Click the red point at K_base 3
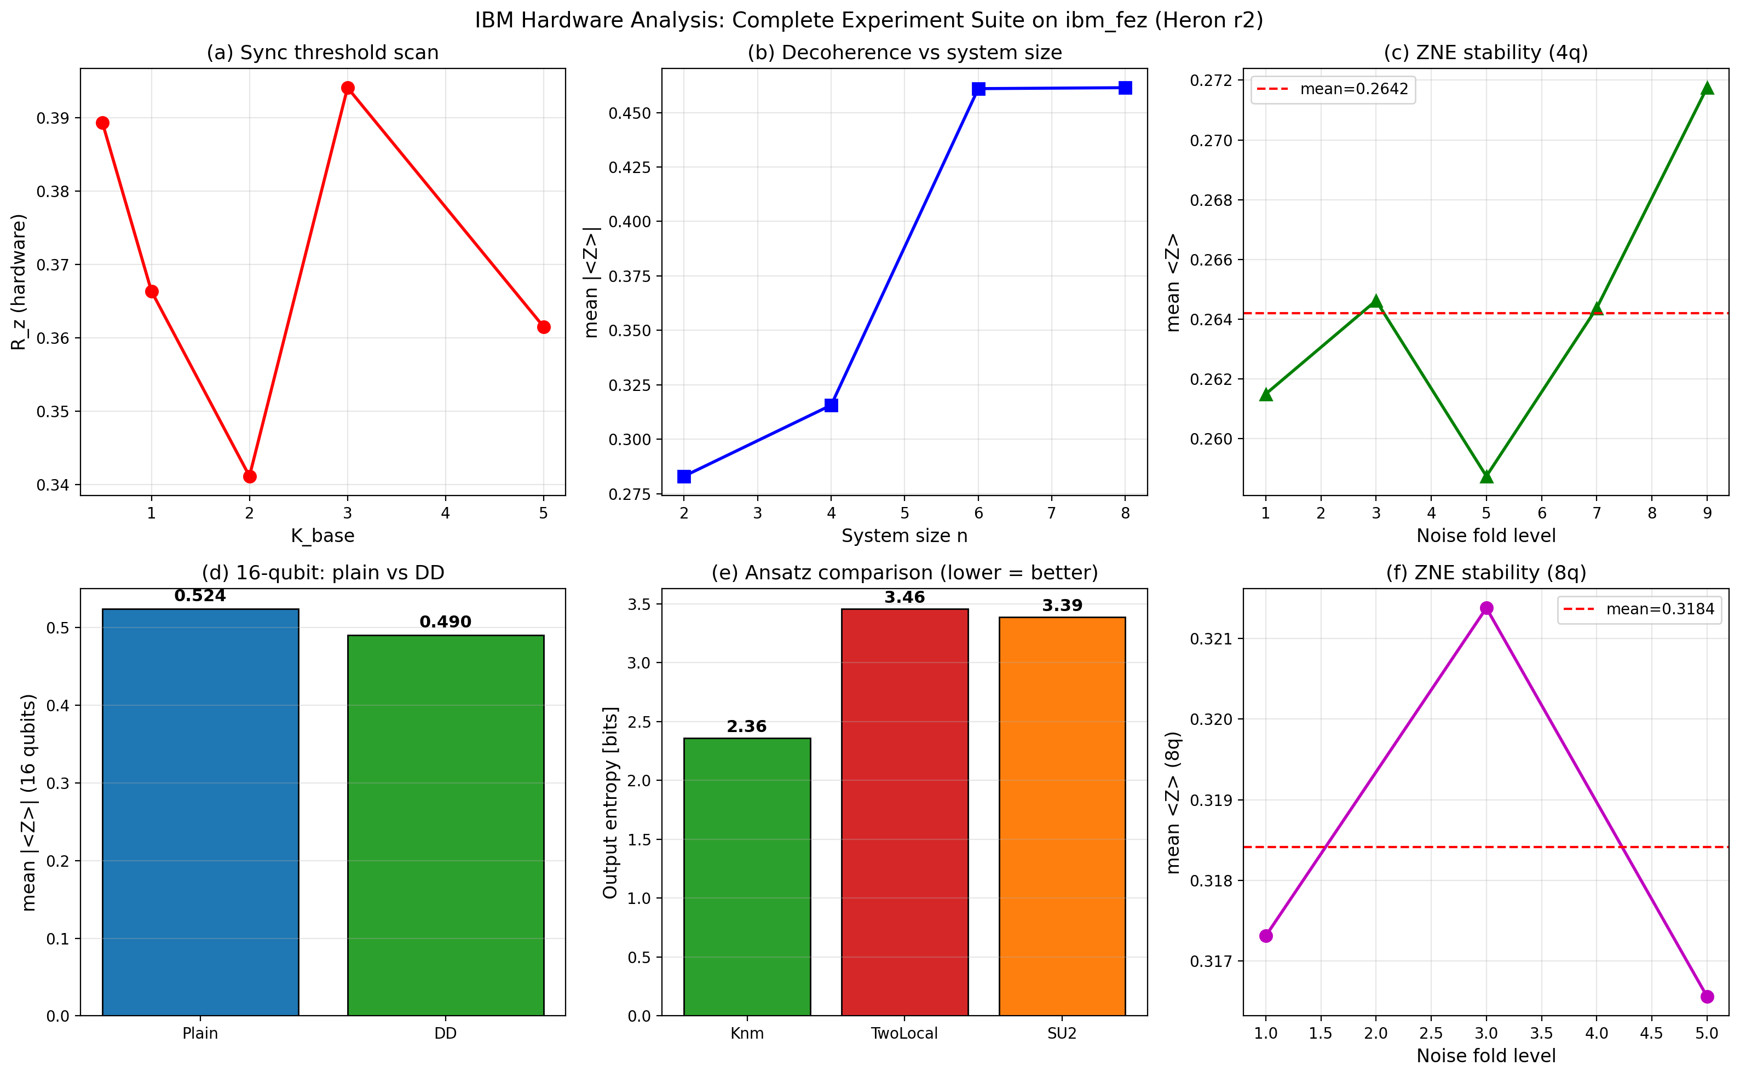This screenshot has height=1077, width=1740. pyautogui.click(x=348, y=88)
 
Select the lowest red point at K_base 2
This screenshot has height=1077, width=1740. pyautogui.click(x=249, y=476)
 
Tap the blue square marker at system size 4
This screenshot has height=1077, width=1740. pyautogui.click(x=831, y=405)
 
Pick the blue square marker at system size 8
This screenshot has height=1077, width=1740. pyautogui.click(x=1125, y=88)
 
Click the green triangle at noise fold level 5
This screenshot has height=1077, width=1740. pyautogui.click(x=1487, y=476)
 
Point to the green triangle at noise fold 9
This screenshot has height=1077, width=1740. pyautogui.click(x=1707, y=88)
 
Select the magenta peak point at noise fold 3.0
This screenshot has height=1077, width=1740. pyautogui.click(x=1487, y=608)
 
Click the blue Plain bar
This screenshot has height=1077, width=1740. pyautogui.click(x=200, y=812)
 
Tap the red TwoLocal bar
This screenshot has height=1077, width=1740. pyautogui.click(x=904, y=812)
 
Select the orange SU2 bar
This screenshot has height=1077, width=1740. pyautogui.click(x=1062, y=816)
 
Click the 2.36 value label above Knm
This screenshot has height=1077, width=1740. pyautogui.click(x=746, y=727)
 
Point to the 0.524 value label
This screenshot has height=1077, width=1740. pyautogui.click(x=200, y=596)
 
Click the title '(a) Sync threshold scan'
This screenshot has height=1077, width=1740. pyautogui.click(x=322, y=53)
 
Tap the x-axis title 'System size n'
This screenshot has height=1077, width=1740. pyautogui.click(x=904, y=535)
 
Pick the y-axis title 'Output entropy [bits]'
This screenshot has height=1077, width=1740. pyautogui.click(x=610, y=802)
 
